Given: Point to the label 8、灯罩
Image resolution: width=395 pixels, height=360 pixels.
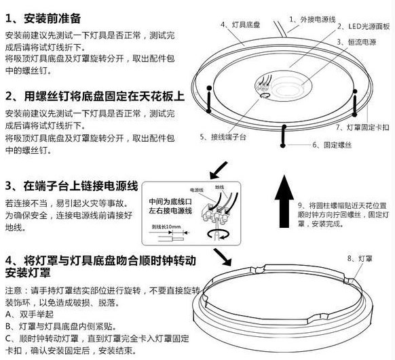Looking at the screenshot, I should click(359, 258).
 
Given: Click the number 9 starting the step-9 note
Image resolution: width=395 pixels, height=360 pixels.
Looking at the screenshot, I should click(300, 204).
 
